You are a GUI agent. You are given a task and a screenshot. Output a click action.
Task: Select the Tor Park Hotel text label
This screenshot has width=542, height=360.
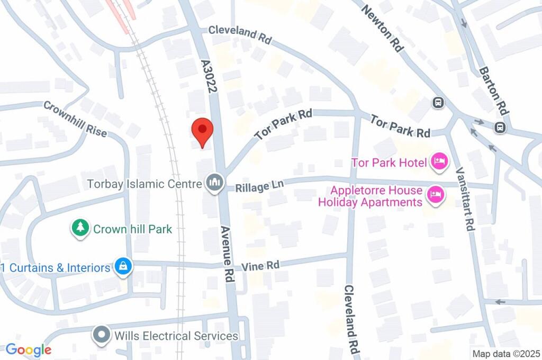389,162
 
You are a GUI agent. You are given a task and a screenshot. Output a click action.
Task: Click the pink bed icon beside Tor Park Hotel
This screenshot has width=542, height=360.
438,161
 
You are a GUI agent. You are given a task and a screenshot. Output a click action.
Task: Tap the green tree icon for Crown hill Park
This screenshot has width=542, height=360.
80,229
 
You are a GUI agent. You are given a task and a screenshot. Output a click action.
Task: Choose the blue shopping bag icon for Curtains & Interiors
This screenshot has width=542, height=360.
123,267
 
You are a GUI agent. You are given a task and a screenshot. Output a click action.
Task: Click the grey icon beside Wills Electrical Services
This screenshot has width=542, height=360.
101,335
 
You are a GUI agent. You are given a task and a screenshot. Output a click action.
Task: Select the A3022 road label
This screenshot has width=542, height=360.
209,76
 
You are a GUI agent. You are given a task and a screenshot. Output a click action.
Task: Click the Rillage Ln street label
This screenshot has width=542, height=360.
260,186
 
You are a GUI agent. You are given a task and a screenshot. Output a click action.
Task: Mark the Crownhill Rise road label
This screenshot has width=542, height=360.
75,119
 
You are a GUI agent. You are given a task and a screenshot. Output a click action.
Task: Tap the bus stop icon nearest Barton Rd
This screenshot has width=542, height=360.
499,127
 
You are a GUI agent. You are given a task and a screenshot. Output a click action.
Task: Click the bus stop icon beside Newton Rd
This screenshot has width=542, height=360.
438,102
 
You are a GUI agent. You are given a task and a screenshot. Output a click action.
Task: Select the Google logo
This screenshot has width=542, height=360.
29,349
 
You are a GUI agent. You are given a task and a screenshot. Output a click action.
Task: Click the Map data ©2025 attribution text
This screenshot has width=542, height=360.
505,353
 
